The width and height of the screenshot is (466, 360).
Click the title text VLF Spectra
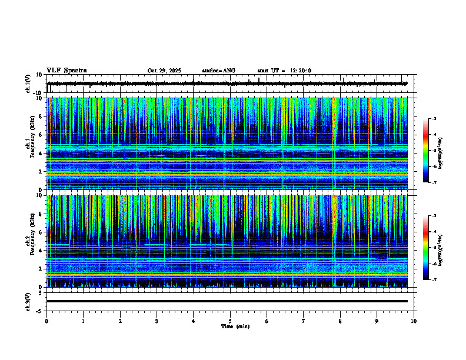pos(66,70)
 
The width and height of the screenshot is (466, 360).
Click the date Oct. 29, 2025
pos(164,71)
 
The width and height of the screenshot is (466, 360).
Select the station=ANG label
pos(218,71)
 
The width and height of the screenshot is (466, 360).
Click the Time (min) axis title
pos(235,326)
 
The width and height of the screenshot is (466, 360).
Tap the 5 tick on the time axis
pos(230,321)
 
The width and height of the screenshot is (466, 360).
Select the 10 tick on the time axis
pos(414,321)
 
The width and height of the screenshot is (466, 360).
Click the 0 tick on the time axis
pos(46,321)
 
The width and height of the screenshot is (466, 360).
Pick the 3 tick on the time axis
pos(157,321)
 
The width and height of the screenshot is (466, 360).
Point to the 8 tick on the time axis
pos(340,321)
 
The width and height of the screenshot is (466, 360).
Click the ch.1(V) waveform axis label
pos(28,84)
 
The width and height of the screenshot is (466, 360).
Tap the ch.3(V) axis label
pos(28,301)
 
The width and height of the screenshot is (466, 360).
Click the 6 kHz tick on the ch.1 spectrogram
pos(41,135)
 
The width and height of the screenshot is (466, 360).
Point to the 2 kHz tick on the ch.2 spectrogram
pos(41,268)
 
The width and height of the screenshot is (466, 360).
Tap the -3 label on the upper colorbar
pos(434,119)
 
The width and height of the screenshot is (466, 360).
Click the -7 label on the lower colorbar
pos(434,280)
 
